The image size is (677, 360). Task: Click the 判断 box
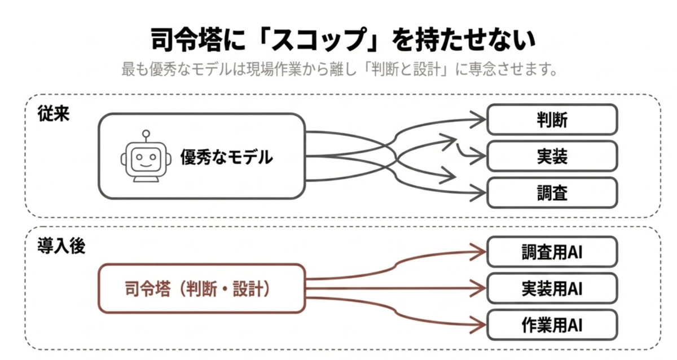click(x=552, y=120)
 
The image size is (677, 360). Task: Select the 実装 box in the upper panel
click(x=552, y=156)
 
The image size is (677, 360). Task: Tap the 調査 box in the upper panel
click(x=552, y=193)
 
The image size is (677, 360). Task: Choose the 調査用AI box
click(x=552, y=252)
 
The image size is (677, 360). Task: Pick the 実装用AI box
click(x=552, y=288)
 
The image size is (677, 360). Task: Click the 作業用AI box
click(x=552, y=325)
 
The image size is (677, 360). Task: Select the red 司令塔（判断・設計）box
click(x=201, y=289)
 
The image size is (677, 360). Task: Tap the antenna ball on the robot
click(x=146, y=133)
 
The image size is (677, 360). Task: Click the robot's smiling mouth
click(x=146, y=165)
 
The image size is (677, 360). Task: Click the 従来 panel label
click(x=54, y=114)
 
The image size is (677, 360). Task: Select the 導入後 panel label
click(x=61, y=246)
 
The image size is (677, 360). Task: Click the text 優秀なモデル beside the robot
click(x=227, y=157)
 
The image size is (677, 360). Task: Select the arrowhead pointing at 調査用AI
click(x=478, y=252)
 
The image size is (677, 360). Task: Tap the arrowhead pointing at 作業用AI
click(x=478, y=325)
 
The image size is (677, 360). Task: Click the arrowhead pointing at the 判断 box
click(x=478, y=120)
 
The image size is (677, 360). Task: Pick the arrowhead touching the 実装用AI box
click(x=478, y=288)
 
